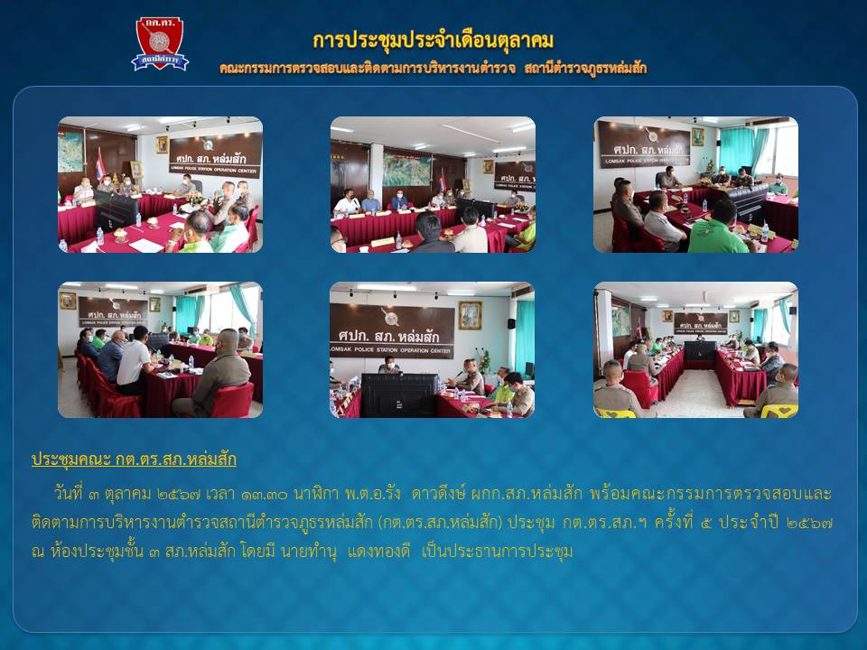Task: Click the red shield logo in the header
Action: pos(160,43)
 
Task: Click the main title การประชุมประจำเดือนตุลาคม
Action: pos(433,41)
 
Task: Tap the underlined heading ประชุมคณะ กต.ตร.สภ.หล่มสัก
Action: pos(134,460)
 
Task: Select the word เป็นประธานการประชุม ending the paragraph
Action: pos(497,552)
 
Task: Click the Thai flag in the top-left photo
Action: pos(100,163)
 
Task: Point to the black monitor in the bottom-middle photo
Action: pos(398,395)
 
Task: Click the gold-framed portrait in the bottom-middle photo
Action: pos(470,315)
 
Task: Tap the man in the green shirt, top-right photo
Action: pos(716,229)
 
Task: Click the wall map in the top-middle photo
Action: pos(406,169)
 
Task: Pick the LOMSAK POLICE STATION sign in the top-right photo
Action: pos(644,144)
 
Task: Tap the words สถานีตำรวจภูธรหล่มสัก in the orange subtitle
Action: pos(585,69)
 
